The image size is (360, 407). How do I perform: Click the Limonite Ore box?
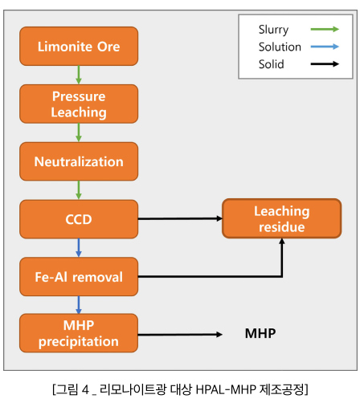tap(79, 47)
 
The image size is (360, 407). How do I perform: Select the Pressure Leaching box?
tap(79, 104)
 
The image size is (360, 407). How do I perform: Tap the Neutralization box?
tap(79, 161)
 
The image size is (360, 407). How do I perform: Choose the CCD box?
tap(79, 219)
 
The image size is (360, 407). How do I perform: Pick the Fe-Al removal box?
tap(79, 277)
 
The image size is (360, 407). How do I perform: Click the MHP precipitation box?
tap(79, 333)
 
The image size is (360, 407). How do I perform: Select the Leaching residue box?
tap(282, 218)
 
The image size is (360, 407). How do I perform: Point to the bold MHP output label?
tap(260, 333)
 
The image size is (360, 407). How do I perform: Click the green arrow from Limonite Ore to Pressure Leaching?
tap(79, 75)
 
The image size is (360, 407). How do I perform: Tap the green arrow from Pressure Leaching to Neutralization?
tap(79, 132)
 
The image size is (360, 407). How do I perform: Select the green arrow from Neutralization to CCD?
tap(79, 190)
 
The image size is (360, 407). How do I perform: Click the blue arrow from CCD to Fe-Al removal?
tap(79, 248)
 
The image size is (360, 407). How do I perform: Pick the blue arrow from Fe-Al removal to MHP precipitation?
tap(79, 305)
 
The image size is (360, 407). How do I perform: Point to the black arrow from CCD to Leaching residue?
tap(180, 218)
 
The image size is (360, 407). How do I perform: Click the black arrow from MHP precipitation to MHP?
tap(180, 334)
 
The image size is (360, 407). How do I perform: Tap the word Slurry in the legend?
tap(273, 30)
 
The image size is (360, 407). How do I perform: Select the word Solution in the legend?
tap(280, 47)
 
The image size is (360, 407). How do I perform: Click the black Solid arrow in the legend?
tap(325, 64)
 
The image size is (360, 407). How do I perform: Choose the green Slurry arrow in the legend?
tap(325, 29)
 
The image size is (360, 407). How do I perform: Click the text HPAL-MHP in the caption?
tap(226, 389)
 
